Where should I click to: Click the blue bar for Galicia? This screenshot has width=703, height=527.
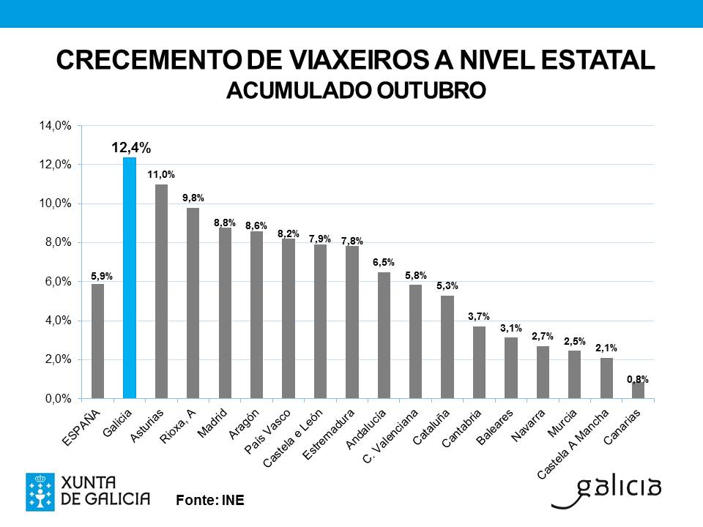coord(129,278)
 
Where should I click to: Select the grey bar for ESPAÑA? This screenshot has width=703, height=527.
coord(97,341)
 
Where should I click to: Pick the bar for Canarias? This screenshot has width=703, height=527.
coord(638,391)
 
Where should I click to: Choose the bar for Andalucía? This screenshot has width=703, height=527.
coord(384,335)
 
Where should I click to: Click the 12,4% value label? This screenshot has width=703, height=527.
coord(131,149)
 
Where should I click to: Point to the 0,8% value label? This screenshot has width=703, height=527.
coord(638,379)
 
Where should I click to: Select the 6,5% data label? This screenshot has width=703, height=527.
coord(384,262)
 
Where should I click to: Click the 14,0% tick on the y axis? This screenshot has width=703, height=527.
coord(56,126)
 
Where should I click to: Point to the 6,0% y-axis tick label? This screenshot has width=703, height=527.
coord(56,282)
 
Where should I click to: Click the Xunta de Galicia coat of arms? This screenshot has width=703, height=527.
coord(40,491)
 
